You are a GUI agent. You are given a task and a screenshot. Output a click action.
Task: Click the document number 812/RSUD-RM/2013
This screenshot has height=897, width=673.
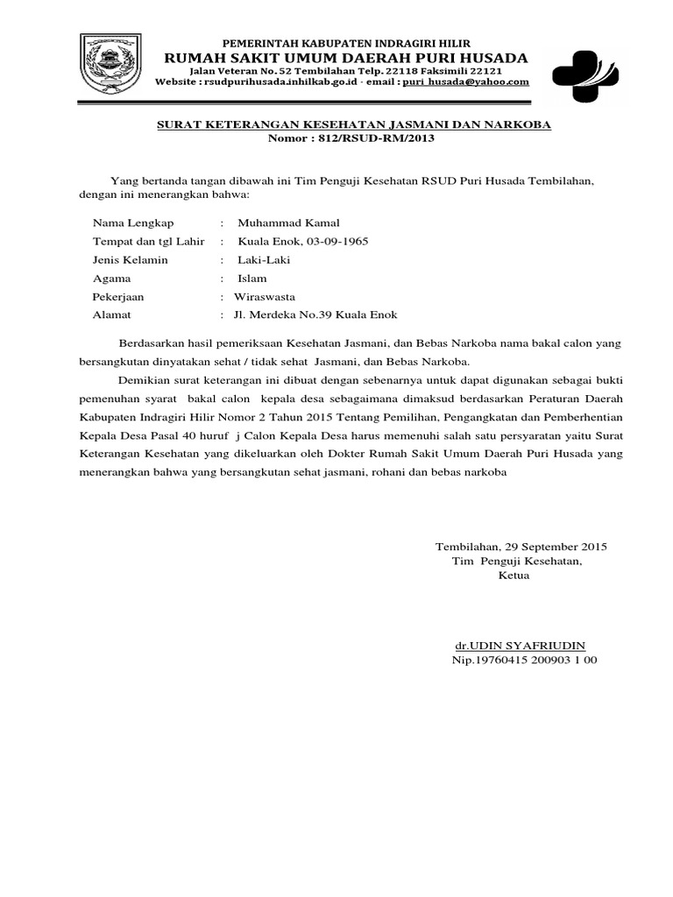(381, 138)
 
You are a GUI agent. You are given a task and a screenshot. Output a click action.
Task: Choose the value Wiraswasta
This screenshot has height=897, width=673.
(270, 297)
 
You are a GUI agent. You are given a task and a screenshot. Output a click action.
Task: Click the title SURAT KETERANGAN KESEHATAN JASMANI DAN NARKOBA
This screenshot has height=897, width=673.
(353, 124)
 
